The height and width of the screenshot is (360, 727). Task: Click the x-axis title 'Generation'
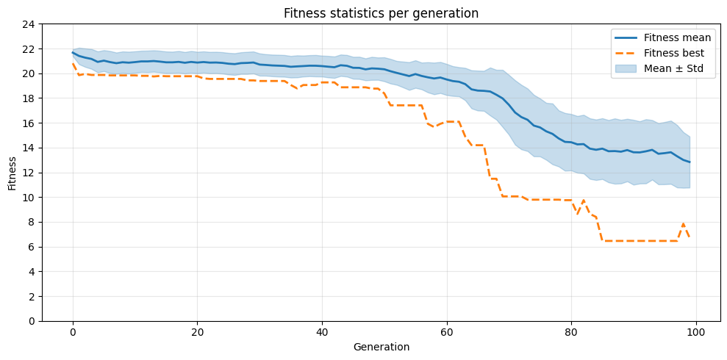(381, 347)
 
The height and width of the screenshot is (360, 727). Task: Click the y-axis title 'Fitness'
(12, 173)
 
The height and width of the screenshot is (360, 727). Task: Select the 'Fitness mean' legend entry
(677, 37)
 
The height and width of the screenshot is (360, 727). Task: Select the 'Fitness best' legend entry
(673, 53)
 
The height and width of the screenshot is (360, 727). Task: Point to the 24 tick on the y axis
(29, 24)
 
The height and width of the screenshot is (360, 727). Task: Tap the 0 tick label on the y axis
(32, 321)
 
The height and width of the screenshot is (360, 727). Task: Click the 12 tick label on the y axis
(29, 173)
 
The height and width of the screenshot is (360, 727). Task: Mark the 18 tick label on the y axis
(29, 98)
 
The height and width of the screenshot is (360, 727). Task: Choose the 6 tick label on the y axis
(32, 247)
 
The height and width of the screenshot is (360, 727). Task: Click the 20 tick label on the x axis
(197, 332)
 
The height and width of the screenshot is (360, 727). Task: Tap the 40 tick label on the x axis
(322, 332)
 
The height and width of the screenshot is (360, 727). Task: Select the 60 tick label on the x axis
(447, 332)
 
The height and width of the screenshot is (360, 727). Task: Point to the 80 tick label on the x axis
(571, 332)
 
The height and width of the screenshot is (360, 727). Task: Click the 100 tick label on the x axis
(696, 332)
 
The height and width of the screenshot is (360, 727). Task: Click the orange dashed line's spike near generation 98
(684, 223)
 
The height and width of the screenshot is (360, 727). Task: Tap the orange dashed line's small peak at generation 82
(584, 200)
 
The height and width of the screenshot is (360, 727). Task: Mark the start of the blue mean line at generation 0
(73, 52)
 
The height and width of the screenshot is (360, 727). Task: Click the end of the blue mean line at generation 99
(690, 162)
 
